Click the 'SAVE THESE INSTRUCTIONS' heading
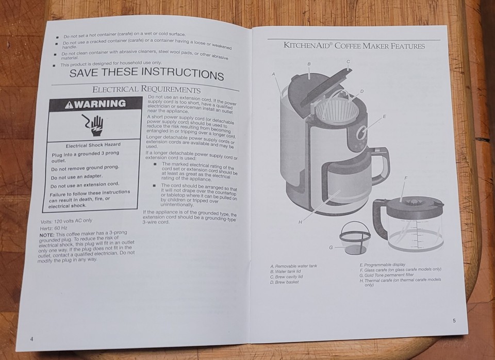[x=146, y=73]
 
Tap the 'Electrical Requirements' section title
[x=146, y=90]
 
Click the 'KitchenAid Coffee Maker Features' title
[x=354, y=46]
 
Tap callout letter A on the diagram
[x=274, y=74]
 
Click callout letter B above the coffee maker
[x=309, y=64]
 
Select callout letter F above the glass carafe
[x=406, y=178]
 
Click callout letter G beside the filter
[x=331, y=248]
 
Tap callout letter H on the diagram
[x=300, y=222]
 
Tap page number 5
[x=454, y=320]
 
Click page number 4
[x=32, y=339]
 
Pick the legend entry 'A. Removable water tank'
[x=294, y=266]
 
